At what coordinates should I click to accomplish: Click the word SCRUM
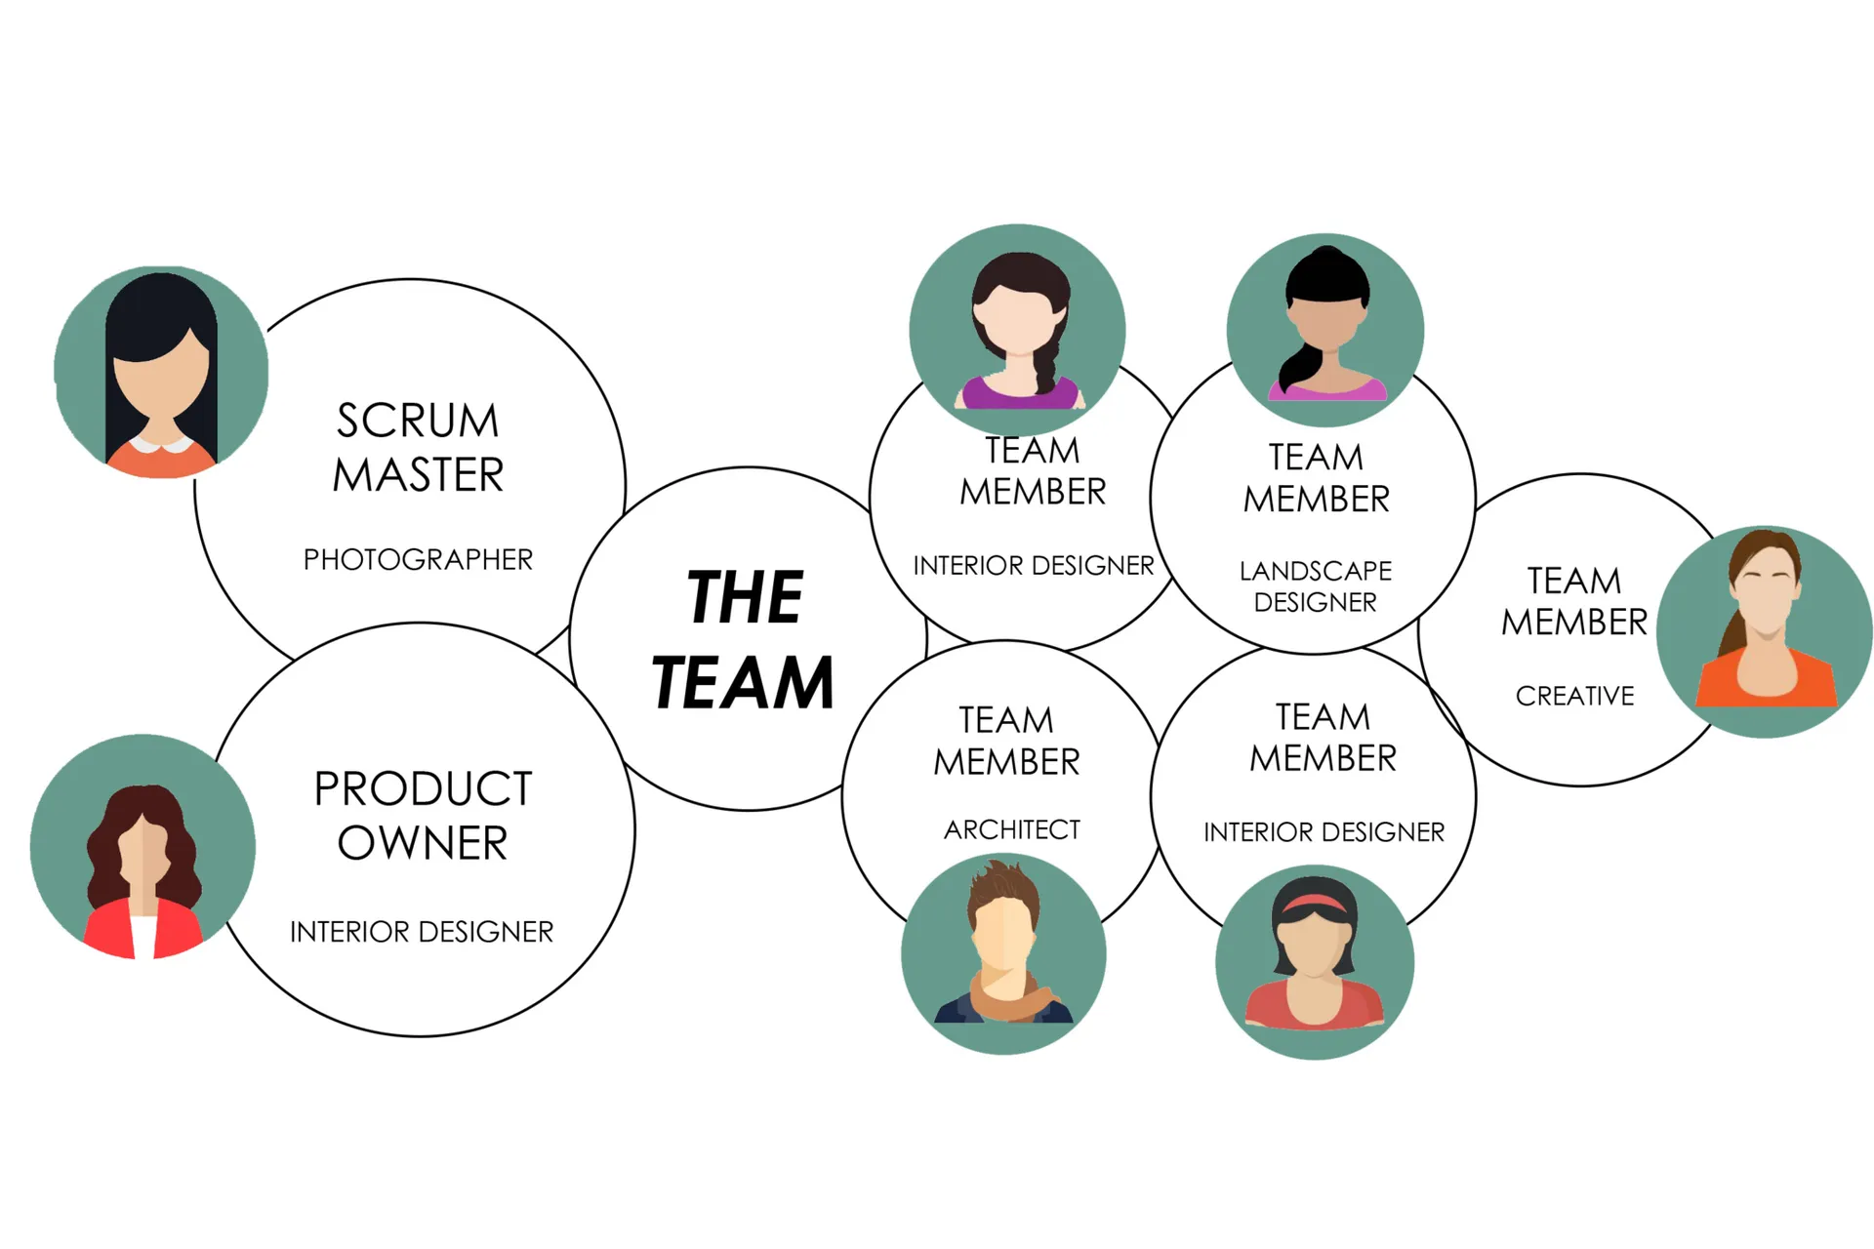(418, 422)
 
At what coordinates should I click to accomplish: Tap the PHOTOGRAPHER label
(418, 560)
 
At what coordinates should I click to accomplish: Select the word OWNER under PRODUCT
(423, 843)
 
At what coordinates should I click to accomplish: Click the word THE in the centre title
(745, 597)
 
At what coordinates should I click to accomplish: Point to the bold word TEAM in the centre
(743, 683)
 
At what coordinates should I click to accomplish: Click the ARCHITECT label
(1012, 829)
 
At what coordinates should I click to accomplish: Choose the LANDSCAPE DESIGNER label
(1316, 585)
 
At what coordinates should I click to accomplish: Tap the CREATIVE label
(1574, 696)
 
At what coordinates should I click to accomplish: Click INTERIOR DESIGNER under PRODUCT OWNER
(422, 932)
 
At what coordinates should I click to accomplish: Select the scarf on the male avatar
(1005, 997)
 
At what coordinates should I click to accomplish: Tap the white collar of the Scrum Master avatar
(162, 445)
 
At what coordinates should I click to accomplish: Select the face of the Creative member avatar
(1766, 605)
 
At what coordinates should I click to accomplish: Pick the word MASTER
(418, 475)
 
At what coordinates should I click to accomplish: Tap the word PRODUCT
(423, 788)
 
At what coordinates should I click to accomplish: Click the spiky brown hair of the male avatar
(1003, 882)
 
